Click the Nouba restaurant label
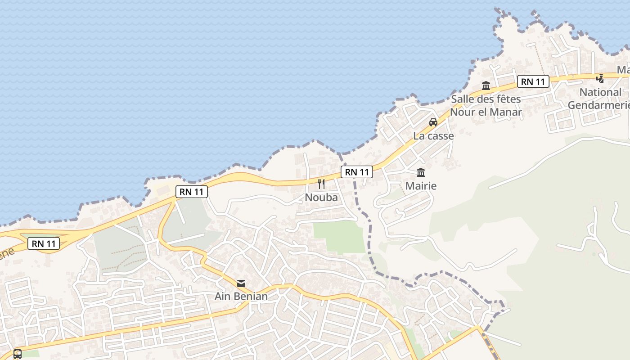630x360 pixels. (x=321, y=197)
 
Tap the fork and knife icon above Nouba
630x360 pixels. (x=321, y=184)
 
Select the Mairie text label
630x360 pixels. (x=421, y=185)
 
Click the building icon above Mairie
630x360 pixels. (x=421, y=172)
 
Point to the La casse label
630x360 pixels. (x=433, y=135)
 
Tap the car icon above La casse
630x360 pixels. (x=433, y=122)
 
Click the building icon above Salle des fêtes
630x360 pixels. (x=486, y=85)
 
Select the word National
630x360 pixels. (x=600, y=92)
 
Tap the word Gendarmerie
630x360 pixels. (x=598, y=105)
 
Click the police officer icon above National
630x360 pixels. (x=600, y=79)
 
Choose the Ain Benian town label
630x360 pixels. (x=241, y=296)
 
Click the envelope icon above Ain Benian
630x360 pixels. (x=241, y=283)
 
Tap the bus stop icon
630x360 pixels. (x=18, y=354)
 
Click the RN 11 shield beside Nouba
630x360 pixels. (x=357, y=171)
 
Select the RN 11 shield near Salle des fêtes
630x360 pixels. (x=533, y=81)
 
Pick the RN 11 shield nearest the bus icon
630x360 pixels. (x=44, y=243)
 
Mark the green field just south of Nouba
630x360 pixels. (x=339, y=236)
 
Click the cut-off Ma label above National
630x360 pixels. (x=623, y=70)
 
